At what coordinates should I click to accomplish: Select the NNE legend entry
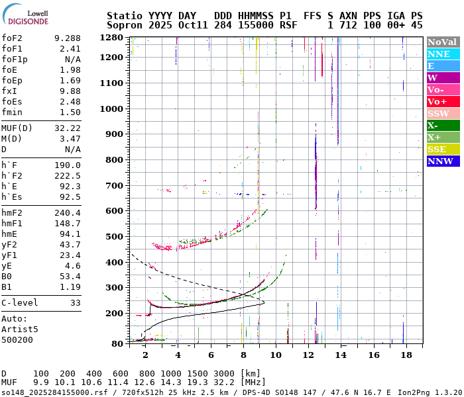(442, 54)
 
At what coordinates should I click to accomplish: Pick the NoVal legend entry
(442, 42)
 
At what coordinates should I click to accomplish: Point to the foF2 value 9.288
(68, 38)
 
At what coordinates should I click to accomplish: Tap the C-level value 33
(76, 302)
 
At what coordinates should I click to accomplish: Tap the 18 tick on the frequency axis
(406, 355)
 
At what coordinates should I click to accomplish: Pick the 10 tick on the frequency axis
(276, 355)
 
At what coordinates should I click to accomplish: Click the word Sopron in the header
(125, 24)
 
